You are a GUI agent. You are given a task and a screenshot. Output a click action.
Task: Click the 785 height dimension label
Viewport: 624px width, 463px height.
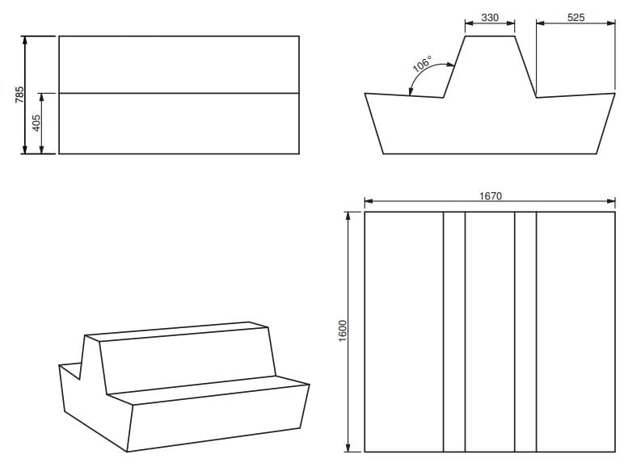pyautogui.click(x=19, y=95)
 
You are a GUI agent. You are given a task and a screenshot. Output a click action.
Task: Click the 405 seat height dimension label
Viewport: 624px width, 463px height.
pyautogui.click(x=36, y=123)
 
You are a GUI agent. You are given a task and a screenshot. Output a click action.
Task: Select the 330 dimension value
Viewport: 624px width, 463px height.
pyautogui.click(x=490, y=18)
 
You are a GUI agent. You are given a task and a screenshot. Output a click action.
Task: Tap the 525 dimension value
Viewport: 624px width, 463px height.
pyautogui.click(x=576, y=18)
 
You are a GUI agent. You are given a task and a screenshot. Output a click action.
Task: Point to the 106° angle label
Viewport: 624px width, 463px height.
pyautogui.click(x=422, y=64)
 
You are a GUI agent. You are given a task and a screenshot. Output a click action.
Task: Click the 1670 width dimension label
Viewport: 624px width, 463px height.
pyautogui.click(x=491, y=196)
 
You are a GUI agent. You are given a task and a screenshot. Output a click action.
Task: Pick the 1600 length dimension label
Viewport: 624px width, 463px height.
pyautogui.click(x=343, y=331)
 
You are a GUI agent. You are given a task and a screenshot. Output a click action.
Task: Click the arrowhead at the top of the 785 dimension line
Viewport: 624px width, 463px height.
pyautogui.click(x=25, y=40)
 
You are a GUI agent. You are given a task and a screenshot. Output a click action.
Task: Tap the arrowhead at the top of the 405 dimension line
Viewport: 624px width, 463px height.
pyautogui.click(x=42, y=97)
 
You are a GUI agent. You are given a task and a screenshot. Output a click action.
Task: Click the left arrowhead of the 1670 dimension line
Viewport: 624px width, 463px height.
pyautogui.click(x=369, y=201)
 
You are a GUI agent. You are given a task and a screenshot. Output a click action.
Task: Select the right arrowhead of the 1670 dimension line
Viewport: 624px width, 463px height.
pyautogui.click(x=611, y=201)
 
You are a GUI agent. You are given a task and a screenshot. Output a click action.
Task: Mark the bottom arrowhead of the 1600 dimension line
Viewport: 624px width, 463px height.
pyautogui.click(x=348, y=448)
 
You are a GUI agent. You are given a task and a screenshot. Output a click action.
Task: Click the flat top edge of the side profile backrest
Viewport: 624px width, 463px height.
pyautogui.click(x=490, y=36)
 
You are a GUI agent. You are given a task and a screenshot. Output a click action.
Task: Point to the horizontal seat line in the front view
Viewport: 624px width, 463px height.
pyautogui.click(x=179, y=93)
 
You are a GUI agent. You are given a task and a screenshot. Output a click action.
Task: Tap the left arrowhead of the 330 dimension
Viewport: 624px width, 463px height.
pyautogui.click(x=469, y=23)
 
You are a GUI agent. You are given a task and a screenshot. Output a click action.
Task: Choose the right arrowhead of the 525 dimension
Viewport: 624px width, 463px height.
pyautogui.click(x=611, y=23)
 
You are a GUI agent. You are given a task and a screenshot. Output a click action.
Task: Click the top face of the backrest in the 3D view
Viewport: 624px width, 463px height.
pyautogui.click(x=177, y=331)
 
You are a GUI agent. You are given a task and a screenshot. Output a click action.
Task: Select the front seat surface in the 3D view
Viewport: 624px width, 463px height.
pyautogui.click(x=209, y=389)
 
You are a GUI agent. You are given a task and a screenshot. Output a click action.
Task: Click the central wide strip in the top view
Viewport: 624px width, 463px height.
pyautogui.click(x=490, y=332)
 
